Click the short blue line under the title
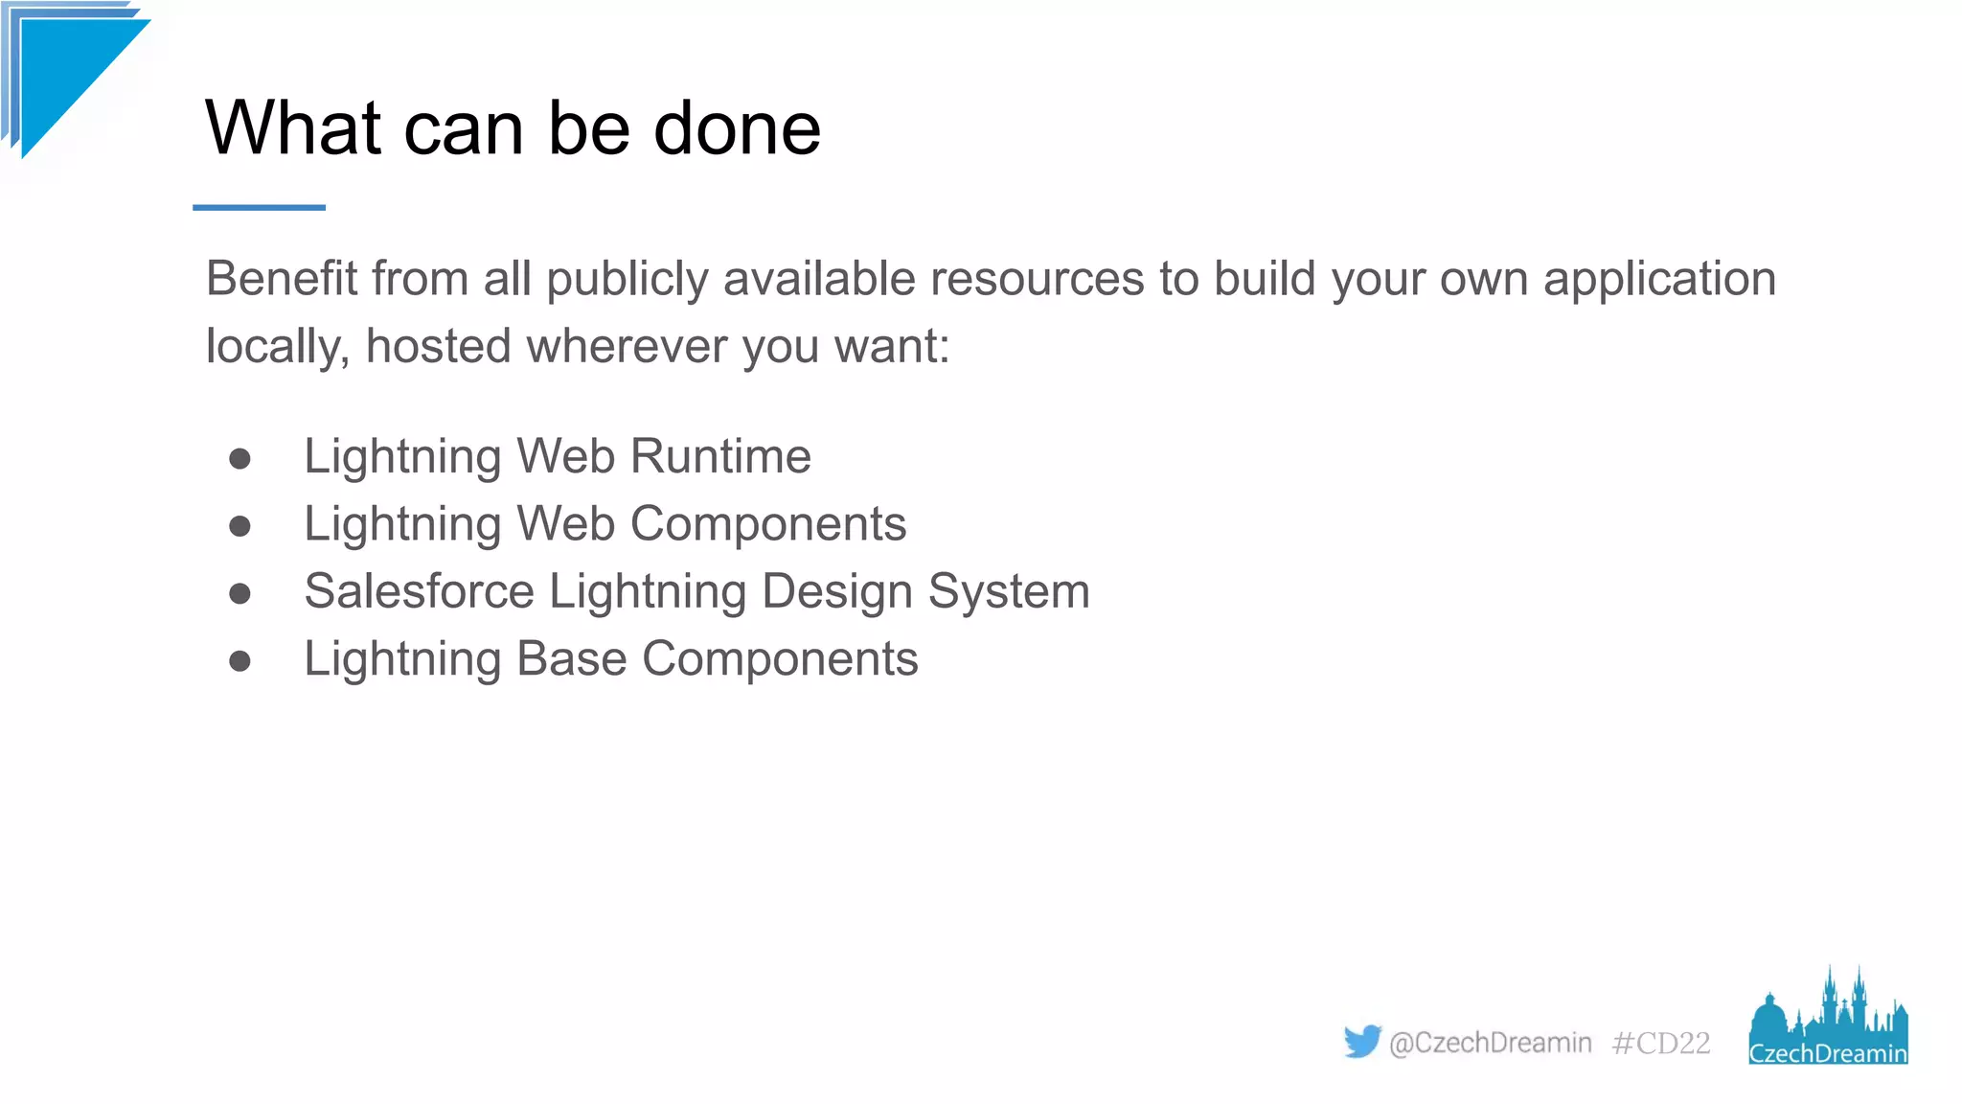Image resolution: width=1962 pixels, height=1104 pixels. pos(259,207)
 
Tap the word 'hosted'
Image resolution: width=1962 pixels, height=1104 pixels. pos(438,346)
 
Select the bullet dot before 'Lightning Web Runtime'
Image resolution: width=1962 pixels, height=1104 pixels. pos(240,459)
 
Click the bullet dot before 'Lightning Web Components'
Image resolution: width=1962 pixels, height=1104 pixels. pos(240,526)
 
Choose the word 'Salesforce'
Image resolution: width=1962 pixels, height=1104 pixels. pos(419,591)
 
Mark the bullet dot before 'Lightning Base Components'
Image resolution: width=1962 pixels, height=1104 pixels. pos(240,661)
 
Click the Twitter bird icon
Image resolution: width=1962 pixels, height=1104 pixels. pos(1361,1041)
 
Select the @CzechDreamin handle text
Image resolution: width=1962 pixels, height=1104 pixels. pos(1490,1043)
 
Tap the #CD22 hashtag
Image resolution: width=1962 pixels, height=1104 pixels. pos(1660,1043)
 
